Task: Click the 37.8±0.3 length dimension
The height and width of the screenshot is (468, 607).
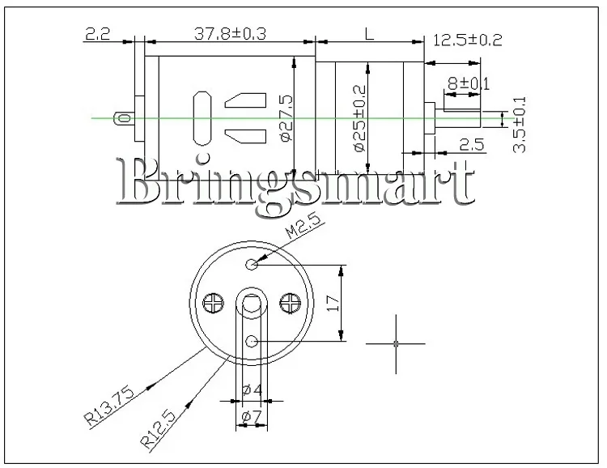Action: point(230,34)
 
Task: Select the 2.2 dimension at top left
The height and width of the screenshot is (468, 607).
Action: point(98,34)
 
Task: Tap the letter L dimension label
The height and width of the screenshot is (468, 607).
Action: point(370,35)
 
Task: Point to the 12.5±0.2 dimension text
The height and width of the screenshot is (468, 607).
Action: point(468,40)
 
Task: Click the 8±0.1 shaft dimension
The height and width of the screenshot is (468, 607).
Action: point(469,83)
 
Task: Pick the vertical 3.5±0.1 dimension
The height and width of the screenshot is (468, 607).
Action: point(519,125)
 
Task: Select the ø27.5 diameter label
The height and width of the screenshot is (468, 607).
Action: point(286,118)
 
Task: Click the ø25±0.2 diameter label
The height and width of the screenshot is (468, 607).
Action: point(359,118)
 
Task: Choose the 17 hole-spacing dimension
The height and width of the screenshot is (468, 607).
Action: point(333,304)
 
